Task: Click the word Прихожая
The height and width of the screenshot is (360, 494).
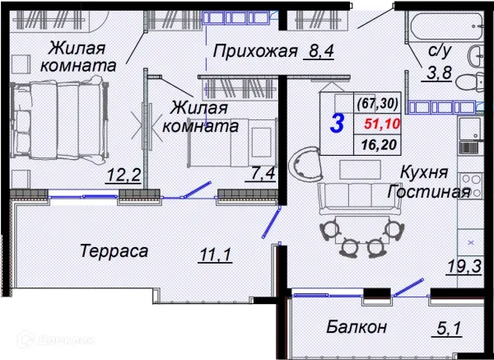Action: (254, 54)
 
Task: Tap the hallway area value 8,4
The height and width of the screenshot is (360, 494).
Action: (317, 54)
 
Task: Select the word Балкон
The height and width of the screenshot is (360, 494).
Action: (357, 327)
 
